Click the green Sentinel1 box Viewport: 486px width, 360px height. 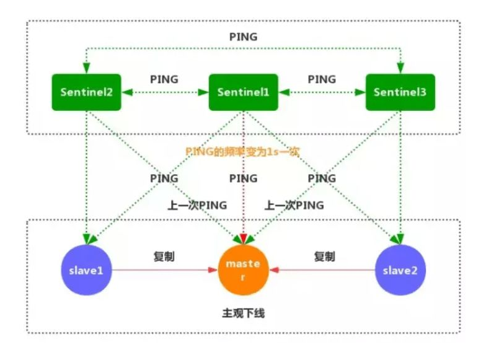pos(243,92)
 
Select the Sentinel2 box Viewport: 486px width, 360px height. pos(86,92)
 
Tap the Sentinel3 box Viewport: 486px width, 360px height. pos(400,92)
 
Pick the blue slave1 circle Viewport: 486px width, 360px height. pos(86,271)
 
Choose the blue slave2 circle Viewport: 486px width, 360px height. pos(400,271)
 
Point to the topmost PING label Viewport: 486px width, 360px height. pos(243,37)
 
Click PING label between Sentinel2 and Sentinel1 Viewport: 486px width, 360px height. pos(164,79)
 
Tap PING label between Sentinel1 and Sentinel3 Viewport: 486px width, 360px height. pos(322,79)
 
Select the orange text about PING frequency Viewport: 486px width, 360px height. pos(243,152)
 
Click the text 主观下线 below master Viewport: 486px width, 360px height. pos(243,314)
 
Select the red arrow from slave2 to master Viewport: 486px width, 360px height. pos(322,271)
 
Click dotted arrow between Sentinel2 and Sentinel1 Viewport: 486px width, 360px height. pos(164,93)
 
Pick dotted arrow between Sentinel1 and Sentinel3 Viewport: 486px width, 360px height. pos(322,93)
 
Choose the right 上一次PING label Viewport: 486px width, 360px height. pos(294,205)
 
